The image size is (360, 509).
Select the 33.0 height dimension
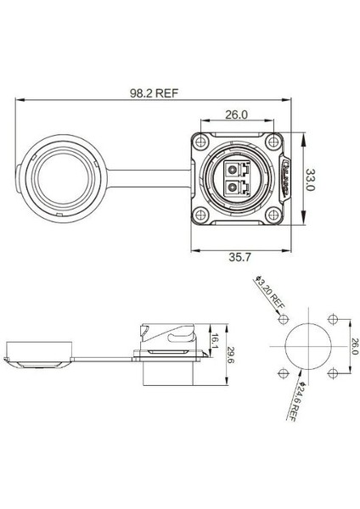click(x=311, y=181)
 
